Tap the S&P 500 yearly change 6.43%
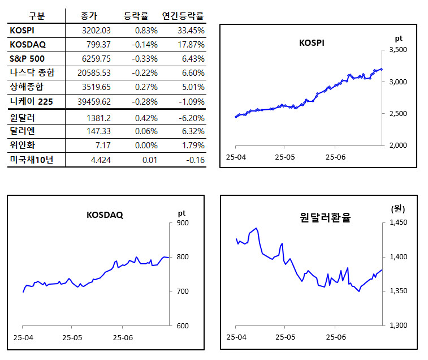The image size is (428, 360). (x=191, y=59)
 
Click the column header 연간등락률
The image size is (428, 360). (x=183, y=16)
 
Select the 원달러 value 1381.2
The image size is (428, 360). (x=100, y=118)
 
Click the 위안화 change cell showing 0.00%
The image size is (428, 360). (x=146, y=146)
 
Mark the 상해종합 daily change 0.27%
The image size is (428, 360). (x=146, y=87)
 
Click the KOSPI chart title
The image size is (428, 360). (x=311, y=42)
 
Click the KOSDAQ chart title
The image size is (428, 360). (x=105, y=215)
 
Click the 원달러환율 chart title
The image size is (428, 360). (x=325, y=217)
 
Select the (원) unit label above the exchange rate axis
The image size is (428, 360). (x=398, y=208)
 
